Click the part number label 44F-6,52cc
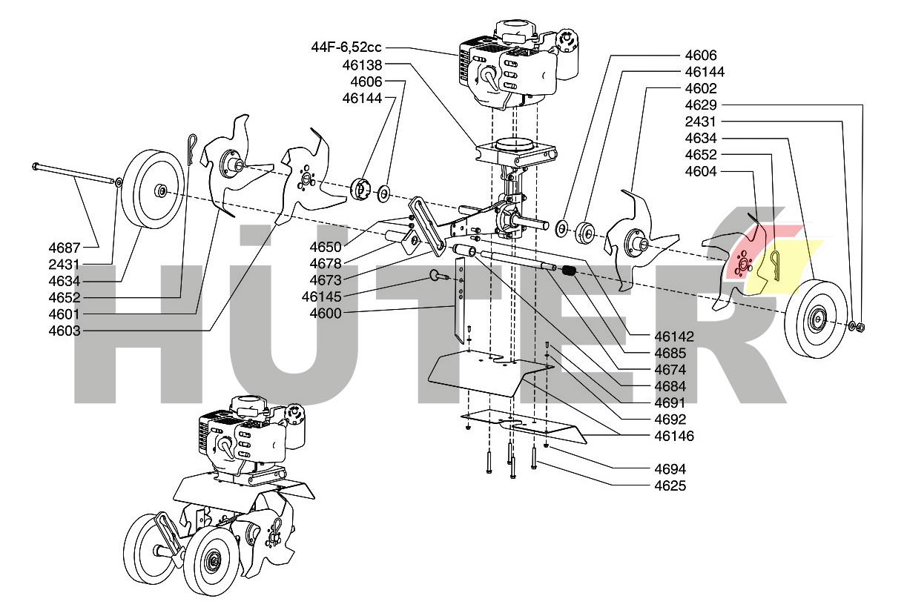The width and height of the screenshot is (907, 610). [x=346, y=48]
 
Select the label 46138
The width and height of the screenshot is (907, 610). [x=362, y=64]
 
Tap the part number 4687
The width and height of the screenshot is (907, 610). [x=65, y=248]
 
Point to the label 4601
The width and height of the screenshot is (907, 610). [x=65, y=314]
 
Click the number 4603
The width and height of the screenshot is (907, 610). [x=65, y=331]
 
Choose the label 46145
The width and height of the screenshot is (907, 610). [x=320, y=296]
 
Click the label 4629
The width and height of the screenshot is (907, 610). [x=700, y=105]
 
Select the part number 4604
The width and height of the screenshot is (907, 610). [x=700, y=170]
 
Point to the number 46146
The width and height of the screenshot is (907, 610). [x=673, y=436]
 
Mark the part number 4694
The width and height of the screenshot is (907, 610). [x=670, y=468]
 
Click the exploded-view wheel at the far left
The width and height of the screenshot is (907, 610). [x=152, y=189]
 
